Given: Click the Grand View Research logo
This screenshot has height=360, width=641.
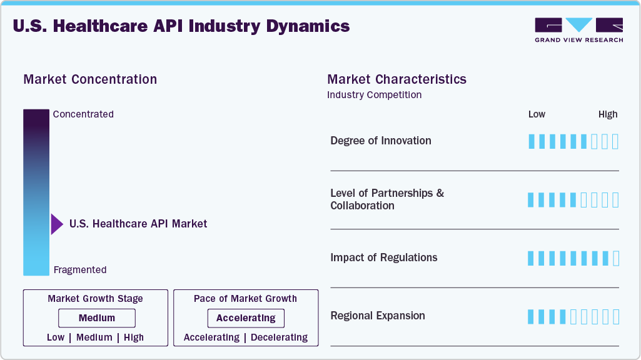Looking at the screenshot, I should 578,30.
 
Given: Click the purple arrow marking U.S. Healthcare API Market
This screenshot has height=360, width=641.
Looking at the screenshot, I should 57,224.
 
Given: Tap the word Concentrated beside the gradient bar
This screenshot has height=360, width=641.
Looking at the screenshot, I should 83,114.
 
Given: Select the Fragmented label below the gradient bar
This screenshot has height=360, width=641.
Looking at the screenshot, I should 80,270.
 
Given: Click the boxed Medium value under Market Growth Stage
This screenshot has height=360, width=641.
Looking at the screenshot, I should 96,318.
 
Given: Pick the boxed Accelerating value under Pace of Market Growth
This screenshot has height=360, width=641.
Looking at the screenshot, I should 246,318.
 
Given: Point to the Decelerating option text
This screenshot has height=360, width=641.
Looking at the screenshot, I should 279,337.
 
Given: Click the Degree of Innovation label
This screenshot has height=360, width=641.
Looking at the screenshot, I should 381,141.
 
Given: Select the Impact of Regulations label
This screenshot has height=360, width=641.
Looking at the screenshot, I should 384,257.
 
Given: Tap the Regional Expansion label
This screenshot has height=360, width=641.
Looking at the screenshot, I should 378,316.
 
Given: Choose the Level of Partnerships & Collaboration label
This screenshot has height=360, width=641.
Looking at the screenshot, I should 387,199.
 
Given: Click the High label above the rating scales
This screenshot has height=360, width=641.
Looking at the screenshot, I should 608,114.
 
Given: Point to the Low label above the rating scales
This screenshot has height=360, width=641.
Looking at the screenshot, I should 537,114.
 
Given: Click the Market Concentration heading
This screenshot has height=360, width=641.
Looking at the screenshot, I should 90,79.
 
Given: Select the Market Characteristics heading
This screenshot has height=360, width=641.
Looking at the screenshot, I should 396,79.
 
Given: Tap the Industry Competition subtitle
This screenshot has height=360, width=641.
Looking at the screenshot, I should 374,95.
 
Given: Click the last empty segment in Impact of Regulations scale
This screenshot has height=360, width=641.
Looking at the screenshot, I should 615,258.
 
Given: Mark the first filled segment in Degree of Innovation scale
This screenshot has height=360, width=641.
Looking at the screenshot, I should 532,141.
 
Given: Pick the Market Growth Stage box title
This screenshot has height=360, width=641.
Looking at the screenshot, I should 95,299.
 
